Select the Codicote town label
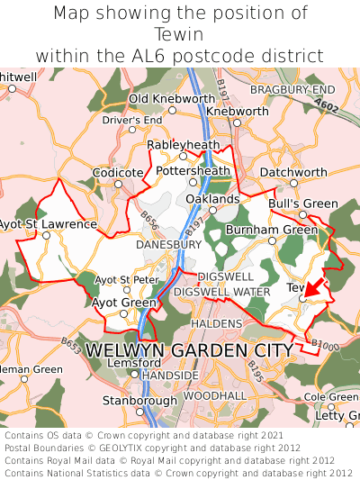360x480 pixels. point(118,172)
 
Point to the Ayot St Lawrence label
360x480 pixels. point(48,223)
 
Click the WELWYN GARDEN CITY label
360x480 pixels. point(189,349)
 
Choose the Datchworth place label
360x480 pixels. point(294,172)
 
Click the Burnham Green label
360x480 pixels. point(272,230)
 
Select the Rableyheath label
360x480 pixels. point(183,144)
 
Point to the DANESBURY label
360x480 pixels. point(167,244)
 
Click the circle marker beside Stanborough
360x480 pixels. point(139,412)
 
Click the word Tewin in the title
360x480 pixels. point(180,34)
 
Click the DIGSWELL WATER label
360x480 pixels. point(220,293)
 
